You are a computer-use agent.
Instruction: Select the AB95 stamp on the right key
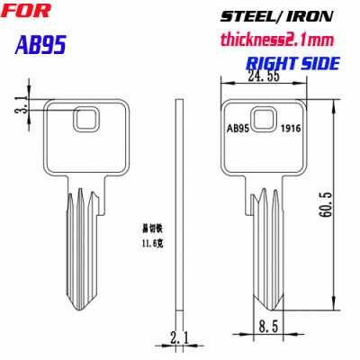point(237,128)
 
